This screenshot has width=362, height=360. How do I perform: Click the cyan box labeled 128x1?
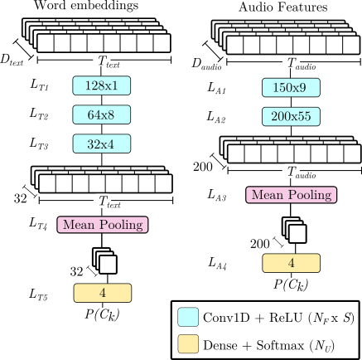click(x=102, y=85)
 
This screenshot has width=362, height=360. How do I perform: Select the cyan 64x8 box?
click(x=102, y=114)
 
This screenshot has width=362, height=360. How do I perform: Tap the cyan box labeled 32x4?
click(x=102, y=143)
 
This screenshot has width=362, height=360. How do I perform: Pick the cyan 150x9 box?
click(x=291, y=87)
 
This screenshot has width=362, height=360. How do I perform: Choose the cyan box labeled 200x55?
click(x=291, y=116)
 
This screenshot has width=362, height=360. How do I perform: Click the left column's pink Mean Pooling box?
click(x=103, y=225)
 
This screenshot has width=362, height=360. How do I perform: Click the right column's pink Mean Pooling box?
click(x=291, y=195)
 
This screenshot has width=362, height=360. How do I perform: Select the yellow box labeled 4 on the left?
click(x=102, y=293)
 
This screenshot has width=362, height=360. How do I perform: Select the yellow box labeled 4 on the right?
click(x=291, y=263)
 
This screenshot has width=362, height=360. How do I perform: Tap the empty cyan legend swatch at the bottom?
click(x=188, y=317)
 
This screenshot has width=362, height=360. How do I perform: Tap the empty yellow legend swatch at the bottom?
click(x=188, y=343)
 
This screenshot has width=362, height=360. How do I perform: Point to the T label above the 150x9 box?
click(x=292, y=64)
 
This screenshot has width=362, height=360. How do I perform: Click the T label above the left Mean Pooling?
click(x=103, y=202)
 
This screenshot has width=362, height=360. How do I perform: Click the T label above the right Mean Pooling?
click(x=292, y=173)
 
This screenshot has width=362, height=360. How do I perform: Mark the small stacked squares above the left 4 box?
click(x=104, y=261)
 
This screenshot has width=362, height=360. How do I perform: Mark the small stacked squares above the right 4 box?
click(x=294, y=231)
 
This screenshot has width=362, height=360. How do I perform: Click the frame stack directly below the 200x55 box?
click(x=291, y=149)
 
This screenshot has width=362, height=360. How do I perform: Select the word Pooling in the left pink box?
click(x=123, y=225)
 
